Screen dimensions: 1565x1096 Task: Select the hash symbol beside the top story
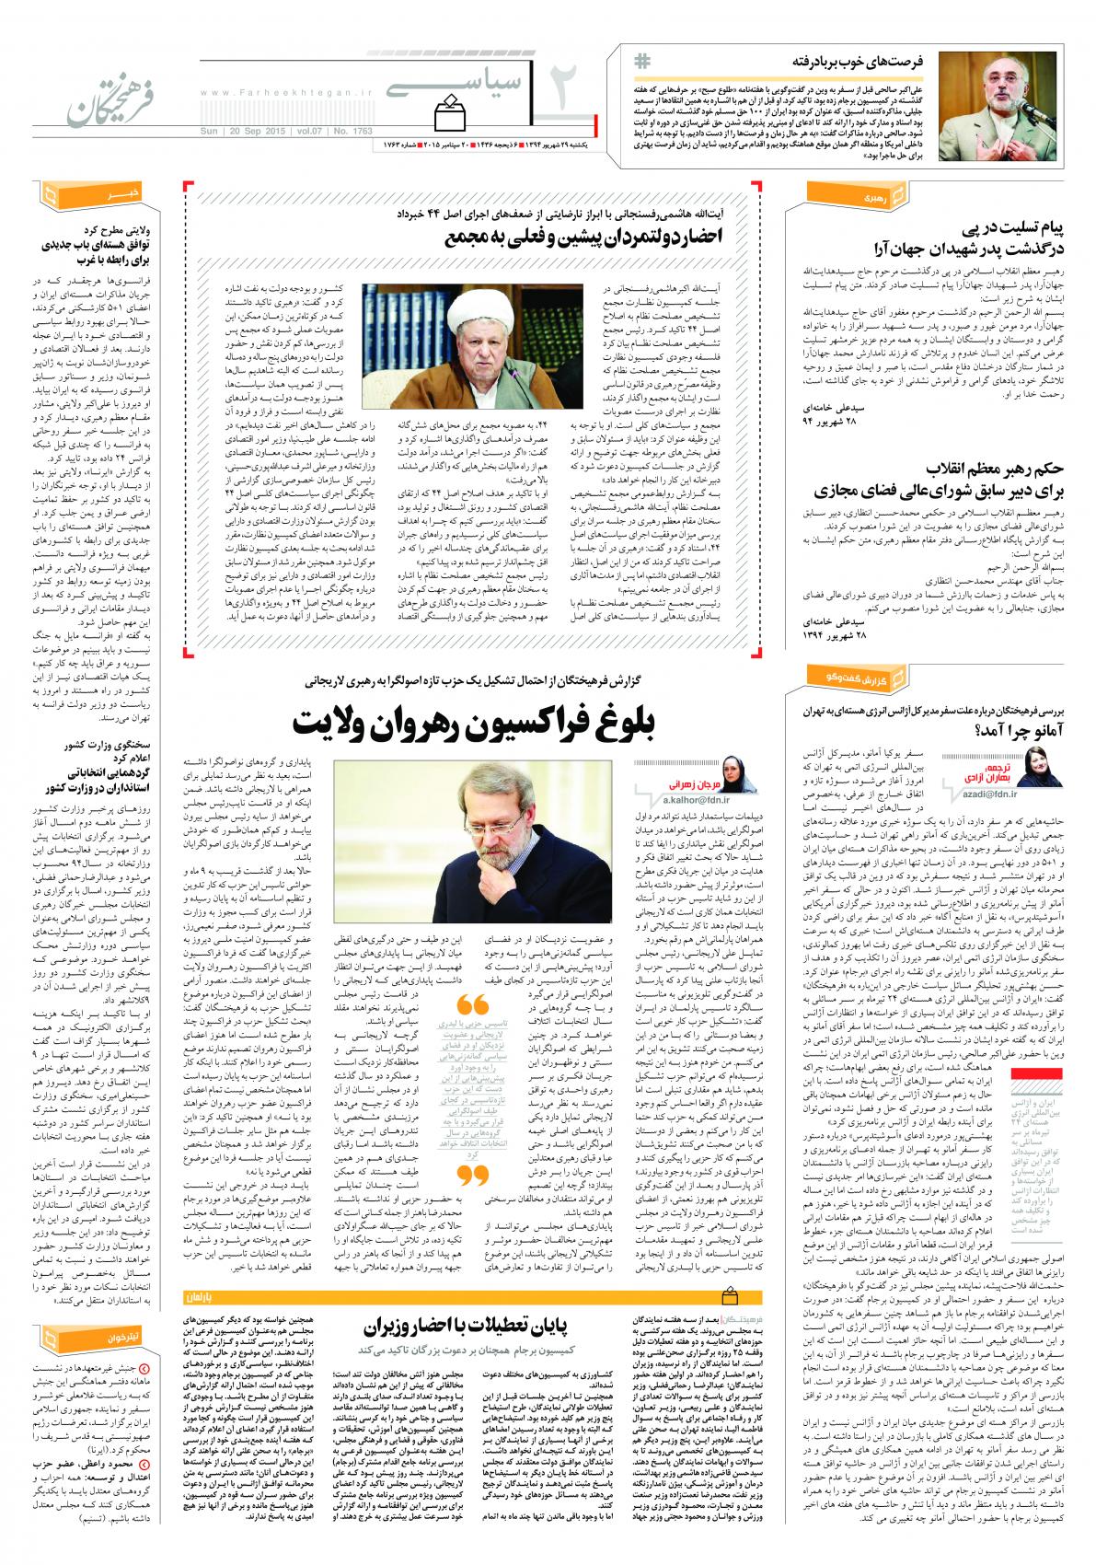641,61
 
